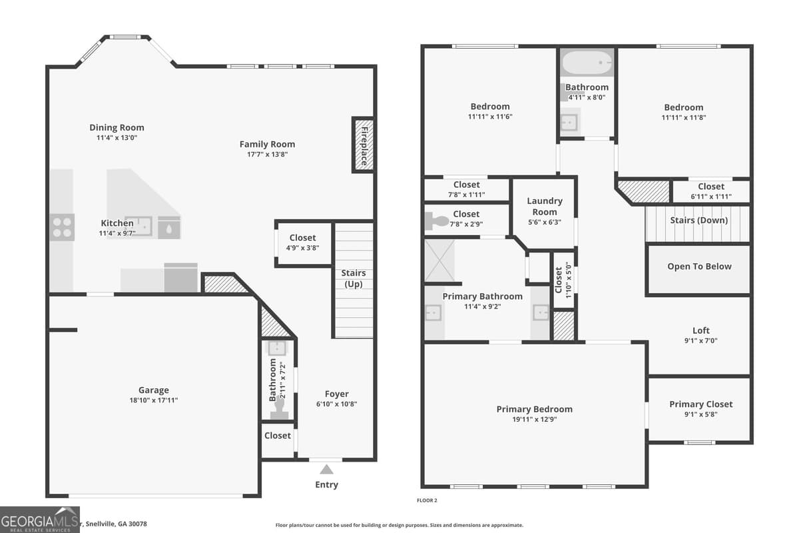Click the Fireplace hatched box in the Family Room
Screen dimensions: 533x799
(x=364, y=145)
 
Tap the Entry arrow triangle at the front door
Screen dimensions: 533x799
(x=326, y=470)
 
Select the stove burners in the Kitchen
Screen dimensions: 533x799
(x=63, y=227)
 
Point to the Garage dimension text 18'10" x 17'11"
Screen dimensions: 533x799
(x=154, y=400)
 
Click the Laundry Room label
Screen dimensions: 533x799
(x=545, y=206)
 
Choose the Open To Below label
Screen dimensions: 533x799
(x=699, y=266)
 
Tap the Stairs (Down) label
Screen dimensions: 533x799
(x=698, y=221)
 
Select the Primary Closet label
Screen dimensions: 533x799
(x=700, y=404)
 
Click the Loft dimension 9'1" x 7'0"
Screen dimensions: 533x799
(x=700, y=340)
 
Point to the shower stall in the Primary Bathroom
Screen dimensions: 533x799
(x=440, y=261)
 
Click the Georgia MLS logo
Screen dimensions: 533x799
(x=40, y=520)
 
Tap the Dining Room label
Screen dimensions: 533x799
(x=117, y=128)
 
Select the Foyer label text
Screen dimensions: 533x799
(x=336, y=394)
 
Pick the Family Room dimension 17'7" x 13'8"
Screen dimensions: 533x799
(x=267, y=155)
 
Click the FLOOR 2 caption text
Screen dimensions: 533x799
(x=426, y=500)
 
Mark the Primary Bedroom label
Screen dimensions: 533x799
(x=534, y=409)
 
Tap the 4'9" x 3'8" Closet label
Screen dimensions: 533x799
(x=302, y=238)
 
